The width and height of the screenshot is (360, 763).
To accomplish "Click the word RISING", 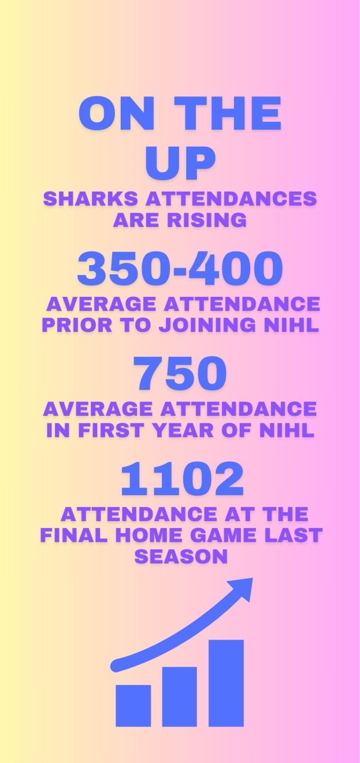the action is point(206,220).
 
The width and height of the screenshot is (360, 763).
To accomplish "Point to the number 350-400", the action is point(180,268).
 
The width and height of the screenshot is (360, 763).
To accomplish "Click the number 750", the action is point(180,373).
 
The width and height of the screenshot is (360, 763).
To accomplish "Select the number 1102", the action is point(182,478).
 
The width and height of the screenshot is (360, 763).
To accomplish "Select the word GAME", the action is point(223,535).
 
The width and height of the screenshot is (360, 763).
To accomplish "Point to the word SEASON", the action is point(181,556).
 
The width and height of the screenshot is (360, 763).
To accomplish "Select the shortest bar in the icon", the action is point(133,705).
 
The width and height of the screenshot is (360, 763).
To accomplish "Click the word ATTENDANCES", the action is point(231,198).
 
